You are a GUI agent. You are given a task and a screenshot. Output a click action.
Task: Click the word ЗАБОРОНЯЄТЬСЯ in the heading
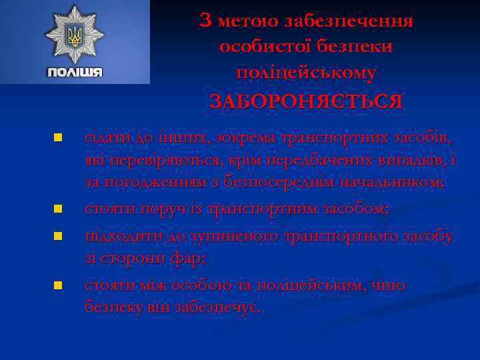[306, 101]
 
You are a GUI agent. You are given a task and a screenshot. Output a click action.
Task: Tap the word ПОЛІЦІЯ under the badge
[75, 72]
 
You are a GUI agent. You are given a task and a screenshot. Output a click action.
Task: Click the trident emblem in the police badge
[75, 36]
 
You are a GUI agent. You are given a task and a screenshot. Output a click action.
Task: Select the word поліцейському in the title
[306, 73]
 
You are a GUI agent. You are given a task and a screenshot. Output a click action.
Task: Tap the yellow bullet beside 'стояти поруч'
[58, 209]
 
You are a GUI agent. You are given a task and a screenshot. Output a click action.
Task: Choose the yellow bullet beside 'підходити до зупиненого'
[58, 237]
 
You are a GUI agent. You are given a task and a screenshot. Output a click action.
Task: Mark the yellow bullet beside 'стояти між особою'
[58, 285]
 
